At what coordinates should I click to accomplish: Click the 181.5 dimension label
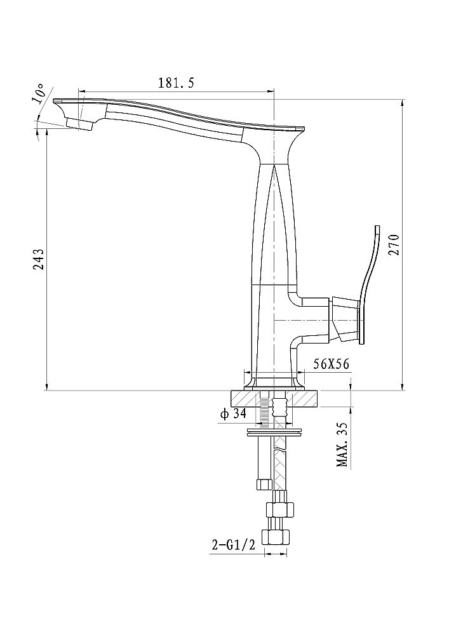tap(176, 83)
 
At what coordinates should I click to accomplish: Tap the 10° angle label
tap(39, 94)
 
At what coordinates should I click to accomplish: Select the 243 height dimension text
tap(39, 259)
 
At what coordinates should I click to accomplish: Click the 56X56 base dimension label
tap(331, 364)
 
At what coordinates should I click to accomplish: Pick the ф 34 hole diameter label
tap(233, 414)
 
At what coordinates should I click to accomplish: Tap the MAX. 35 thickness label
tap(342, 444)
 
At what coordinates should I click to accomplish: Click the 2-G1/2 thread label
tap(234, 545)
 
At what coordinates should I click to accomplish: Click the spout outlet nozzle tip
tap(78, 124)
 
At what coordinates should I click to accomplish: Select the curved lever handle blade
tap(370, 283)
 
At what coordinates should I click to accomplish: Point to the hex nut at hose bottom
tap(277, 537)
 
